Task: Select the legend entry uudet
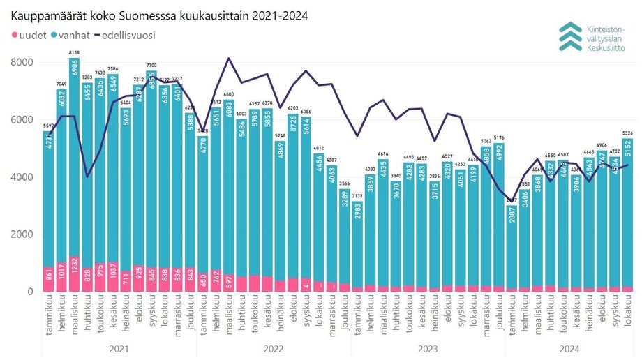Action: coord(28,34)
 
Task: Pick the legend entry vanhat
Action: coord(73,34)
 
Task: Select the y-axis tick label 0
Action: coord(29,292)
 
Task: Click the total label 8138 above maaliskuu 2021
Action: coord(74,52)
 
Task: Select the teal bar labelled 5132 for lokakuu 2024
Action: coord(627,209)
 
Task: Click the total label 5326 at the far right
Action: coord(627,133)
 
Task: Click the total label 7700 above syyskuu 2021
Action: coord(151,65)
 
